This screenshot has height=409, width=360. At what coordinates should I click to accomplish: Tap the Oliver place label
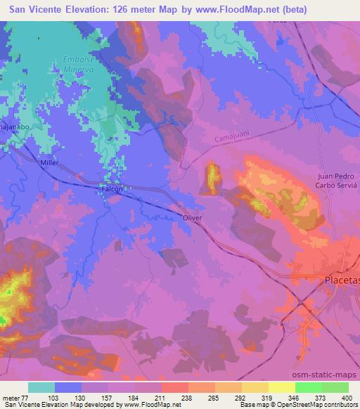192,219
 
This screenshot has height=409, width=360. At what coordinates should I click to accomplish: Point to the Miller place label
50,162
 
